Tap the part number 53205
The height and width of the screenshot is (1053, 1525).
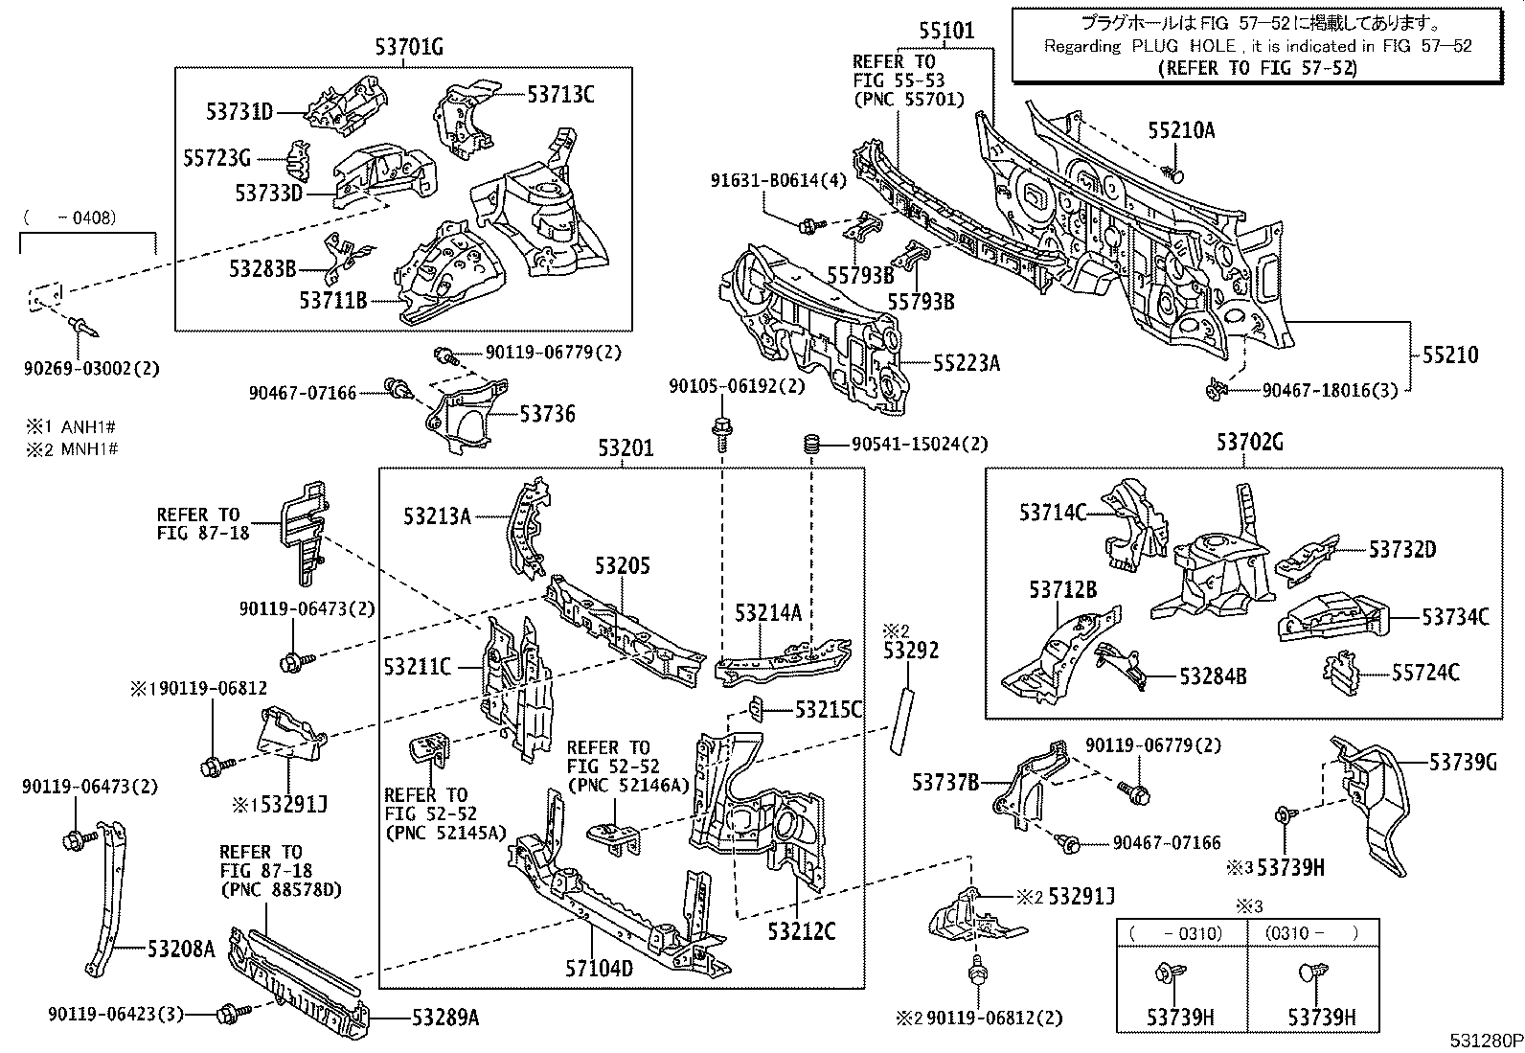622,565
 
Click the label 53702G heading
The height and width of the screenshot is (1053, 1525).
1250,443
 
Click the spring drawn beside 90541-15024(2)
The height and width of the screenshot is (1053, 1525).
811,445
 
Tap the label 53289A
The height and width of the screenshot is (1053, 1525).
445,1018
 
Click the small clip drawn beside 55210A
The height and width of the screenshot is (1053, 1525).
1174,173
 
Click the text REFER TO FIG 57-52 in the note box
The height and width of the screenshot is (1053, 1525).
1257,68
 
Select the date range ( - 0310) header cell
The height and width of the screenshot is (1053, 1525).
1181,932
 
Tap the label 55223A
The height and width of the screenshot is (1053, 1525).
967,362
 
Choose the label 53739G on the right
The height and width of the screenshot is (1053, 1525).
1463,762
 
